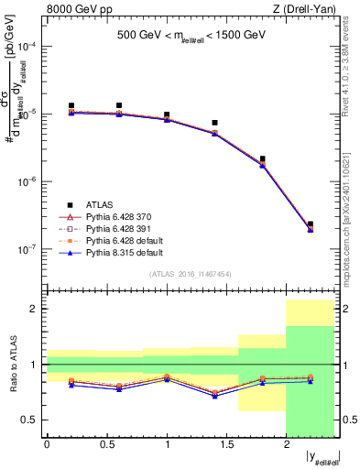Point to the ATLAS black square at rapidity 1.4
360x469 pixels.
214,123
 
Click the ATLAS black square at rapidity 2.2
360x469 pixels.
311,224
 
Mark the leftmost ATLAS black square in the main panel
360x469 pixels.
71,106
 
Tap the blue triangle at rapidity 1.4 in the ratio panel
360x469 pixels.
214,396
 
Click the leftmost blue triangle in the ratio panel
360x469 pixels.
71,385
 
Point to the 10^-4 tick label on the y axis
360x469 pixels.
28,46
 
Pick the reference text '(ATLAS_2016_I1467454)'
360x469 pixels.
191,273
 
